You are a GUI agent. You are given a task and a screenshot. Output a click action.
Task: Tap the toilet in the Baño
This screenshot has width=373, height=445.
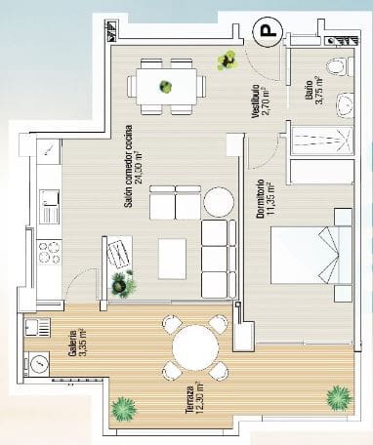[x=335, y=67]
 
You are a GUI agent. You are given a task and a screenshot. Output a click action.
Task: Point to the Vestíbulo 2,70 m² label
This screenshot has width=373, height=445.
[x=259, y=100]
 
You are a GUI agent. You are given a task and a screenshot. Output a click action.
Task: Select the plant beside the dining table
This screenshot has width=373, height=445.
[x=228, y=61]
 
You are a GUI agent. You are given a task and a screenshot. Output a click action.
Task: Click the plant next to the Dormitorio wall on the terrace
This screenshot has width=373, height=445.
[x=338, y=397]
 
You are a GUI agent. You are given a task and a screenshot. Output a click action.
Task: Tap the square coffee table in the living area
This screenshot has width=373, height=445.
[x=173, y=257]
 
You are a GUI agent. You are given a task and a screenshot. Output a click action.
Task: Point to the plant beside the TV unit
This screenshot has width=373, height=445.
[x=124, y=285]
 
